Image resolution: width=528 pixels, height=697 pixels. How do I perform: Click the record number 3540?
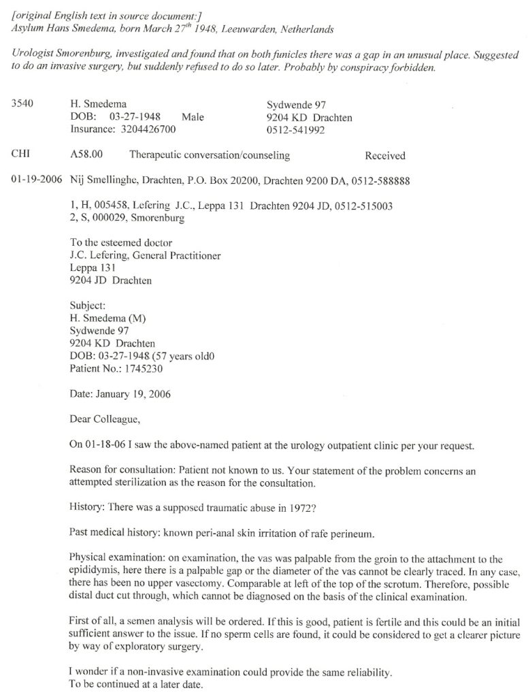coord(24,105)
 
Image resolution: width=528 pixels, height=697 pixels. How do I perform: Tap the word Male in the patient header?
coord(193,117)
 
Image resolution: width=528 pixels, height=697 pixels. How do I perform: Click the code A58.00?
coord(86,155)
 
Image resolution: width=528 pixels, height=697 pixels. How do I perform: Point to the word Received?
coord(385,156)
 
